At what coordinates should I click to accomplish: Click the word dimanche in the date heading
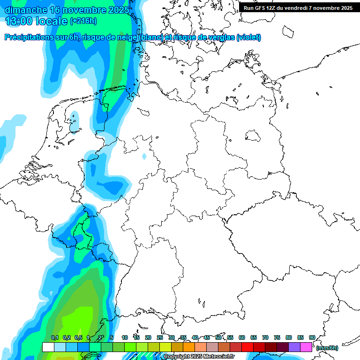click(x=25, y=9)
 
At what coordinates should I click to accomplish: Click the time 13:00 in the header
click(x=19, y=21)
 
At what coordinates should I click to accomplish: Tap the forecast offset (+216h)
click(x=83, y=21)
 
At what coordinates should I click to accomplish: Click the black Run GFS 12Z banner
click(x=298, y=7)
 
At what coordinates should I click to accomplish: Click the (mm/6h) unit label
click(x=327, y=348)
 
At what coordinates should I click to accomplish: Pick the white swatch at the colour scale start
click(x=48, y=347)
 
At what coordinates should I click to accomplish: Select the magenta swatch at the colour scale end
click(x=306, y=347)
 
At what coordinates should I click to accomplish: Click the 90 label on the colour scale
click(x=312, y=337)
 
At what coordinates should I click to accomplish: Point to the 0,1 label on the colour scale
click(x=55, y=337)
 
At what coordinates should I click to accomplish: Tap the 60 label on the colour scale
click(x=242, y=337)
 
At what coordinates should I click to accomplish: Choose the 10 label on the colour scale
click(x=125, y=337)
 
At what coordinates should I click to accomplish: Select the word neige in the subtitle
click(x=127, y=37)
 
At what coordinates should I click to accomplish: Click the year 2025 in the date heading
click(x=120, y=9)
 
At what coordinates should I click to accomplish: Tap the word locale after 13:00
click(x=52, y=21)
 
